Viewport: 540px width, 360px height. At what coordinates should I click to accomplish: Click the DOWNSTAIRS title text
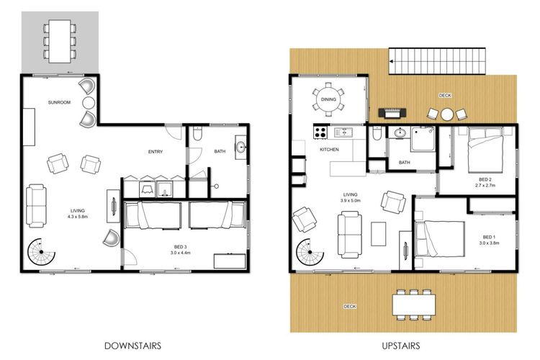(132, 346)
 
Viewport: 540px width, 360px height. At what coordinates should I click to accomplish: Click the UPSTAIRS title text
(401, 346)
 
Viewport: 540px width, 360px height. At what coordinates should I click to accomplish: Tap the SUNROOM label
(59, 102)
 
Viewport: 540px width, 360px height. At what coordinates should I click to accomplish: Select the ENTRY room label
(156, 152)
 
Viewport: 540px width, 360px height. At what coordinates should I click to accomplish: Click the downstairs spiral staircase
(41, 252)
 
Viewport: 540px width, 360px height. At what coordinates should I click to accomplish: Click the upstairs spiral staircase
(310, 253)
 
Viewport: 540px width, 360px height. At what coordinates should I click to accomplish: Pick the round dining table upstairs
(328, 99)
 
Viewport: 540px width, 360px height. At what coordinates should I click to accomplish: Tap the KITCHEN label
(329, 150)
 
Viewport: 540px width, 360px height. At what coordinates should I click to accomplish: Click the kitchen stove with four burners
(320, 132)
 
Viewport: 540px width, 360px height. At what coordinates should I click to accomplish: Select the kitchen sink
(343, 132)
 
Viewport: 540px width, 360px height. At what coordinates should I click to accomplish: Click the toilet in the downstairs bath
(198, 133)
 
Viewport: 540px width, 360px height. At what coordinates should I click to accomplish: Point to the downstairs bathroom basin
(240, 147)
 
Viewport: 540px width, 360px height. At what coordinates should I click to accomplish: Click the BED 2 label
(485, 179)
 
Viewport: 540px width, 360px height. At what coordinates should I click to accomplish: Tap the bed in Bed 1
(440, 239)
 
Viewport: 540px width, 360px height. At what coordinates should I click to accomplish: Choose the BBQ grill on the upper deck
(392, 113)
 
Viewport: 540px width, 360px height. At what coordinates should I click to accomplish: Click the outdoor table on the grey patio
(60, 41)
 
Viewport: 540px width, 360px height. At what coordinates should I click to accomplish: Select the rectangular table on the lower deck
(413, 305)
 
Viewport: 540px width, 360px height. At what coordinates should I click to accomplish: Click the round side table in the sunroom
(89, 103)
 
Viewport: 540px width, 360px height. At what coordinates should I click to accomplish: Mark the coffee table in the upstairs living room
(378, 234)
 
